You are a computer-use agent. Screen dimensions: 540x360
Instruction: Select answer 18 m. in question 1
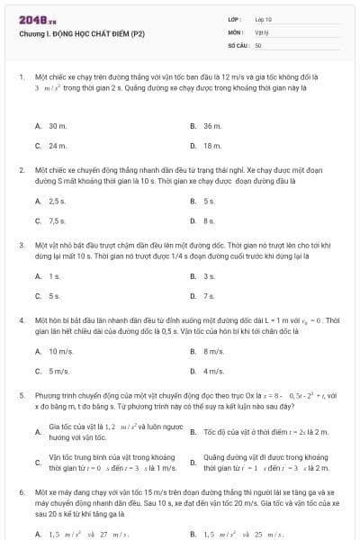tap(212, 145)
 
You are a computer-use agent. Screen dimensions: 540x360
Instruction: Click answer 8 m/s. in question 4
tap(213, 351)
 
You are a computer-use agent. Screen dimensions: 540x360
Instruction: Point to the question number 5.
tap(21, 394)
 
